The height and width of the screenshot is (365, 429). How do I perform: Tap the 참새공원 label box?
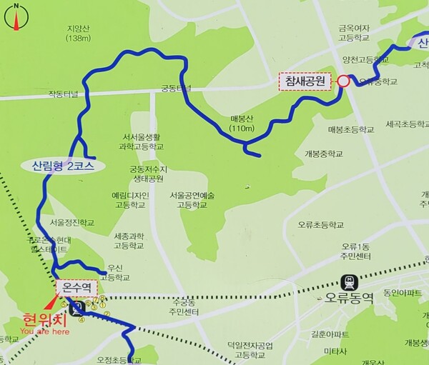tap(305, 81)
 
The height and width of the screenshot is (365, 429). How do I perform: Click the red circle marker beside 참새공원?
tap(343, 81)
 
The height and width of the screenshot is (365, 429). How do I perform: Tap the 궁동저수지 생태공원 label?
tap(147, 174)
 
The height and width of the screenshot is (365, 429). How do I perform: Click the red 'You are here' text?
tap(44, 331)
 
